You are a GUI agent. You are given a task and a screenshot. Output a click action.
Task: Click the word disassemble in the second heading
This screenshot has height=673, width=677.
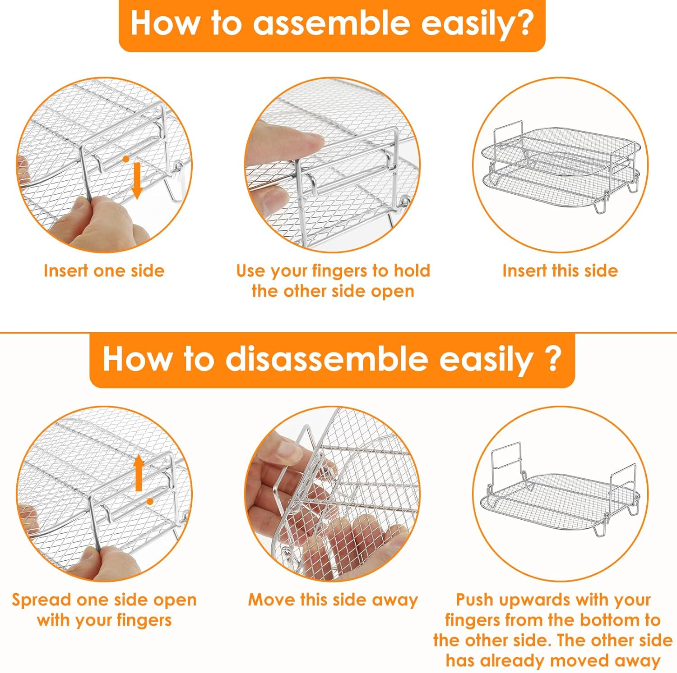click(326, 359)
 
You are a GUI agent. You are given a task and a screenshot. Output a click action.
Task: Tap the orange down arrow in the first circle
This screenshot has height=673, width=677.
click(137, 181)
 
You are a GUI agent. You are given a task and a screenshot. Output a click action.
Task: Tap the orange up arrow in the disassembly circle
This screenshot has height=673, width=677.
click(139, 473)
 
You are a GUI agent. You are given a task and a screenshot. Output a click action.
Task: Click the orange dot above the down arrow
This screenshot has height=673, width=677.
click(126, 159)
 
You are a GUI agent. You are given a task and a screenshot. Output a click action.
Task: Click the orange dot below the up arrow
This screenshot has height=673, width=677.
click(150, 501)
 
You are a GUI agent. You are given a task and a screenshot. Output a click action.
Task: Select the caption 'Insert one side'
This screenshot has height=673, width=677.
click(104, 271)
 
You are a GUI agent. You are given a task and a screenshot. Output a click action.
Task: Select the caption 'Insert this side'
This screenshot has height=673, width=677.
click(560, 271)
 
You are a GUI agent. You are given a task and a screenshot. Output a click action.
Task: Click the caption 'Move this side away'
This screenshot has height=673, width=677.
click(333, 600)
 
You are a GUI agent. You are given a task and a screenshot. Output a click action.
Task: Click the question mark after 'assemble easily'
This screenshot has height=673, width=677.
click(524, 22)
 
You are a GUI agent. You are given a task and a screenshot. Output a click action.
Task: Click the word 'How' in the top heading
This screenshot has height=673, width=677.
click(164, 23)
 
